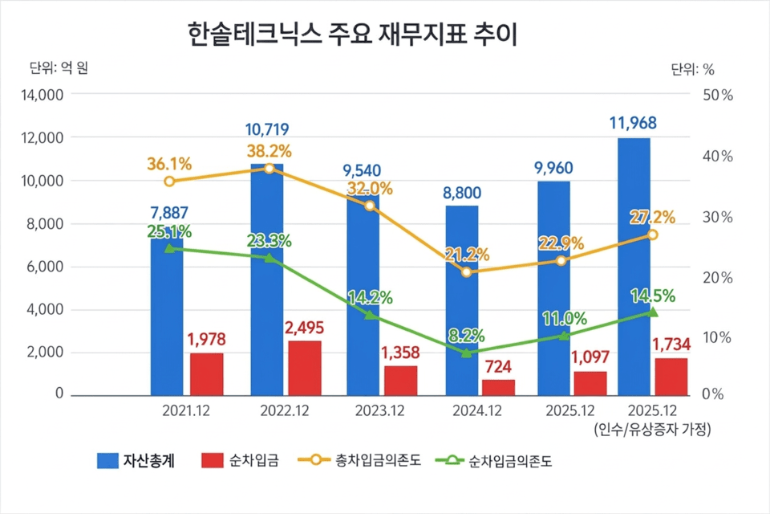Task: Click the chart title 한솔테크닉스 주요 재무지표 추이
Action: (x=354, y=35)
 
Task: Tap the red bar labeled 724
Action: (x=498, y=387)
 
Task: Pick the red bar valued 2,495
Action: (x=305, y=368)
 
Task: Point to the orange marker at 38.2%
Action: (x=269, y=168)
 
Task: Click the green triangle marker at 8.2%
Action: (x=466, y=352)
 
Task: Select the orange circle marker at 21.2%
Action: (x=466, y=271)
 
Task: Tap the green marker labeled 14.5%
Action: (x=652, y=312)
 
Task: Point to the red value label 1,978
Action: (x=207, y=340)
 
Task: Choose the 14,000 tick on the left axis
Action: (x=41, y=95)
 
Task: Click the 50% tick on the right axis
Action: (x=717, y=95)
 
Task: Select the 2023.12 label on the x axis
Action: (x=378, y=410)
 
